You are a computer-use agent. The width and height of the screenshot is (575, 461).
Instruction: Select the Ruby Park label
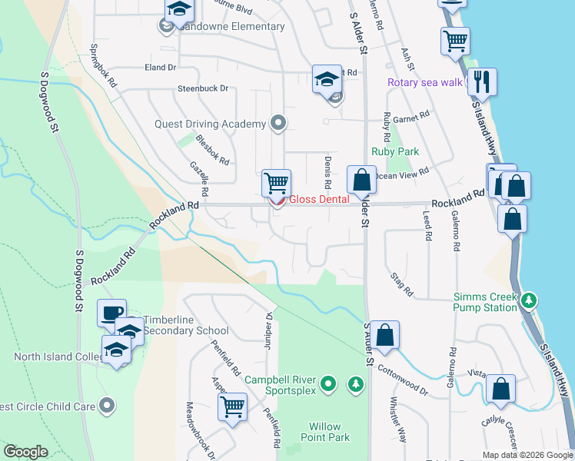point(395,152)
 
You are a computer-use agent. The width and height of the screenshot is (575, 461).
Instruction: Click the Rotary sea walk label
point(425,82)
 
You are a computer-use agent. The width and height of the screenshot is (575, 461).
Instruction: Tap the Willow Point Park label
point(330,432)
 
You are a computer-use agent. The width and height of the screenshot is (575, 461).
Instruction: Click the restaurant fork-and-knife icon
point(482,81)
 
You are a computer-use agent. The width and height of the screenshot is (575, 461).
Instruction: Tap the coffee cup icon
point(112,313)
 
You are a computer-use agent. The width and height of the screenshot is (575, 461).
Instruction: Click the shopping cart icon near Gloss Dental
point(276,183)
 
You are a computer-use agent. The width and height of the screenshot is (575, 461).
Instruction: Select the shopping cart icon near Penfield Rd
point(232,406)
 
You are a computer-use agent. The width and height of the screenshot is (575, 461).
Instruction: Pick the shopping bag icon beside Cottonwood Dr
point(385,334)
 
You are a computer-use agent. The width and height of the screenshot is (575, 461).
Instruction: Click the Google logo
point(25,452)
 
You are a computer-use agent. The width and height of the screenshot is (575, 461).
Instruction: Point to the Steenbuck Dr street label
point(204,88)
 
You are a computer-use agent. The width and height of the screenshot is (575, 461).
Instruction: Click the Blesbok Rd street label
point(213,151)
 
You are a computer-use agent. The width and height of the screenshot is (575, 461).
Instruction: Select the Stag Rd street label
point(401,284)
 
